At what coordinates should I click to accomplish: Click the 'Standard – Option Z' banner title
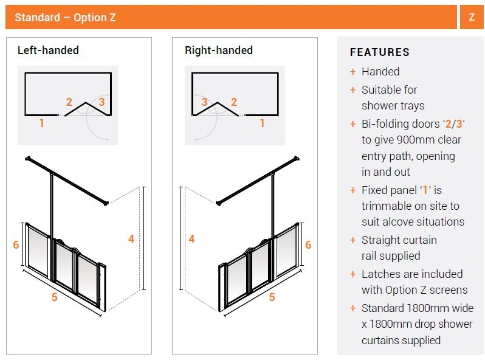point(65,18)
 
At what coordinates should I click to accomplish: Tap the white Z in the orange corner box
point(472,17)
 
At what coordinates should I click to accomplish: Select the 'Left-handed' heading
point(48,50)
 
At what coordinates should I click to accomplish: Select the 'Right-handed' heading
point(219,50)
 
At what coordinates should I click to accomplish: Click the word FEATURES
point(380,52)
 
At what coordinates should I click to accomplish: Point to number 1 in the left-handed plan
point(41,123)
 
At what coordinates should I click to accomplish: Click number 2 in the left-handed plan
point(69,102)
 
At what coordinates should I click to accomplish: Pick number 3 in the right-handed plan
point(204,102)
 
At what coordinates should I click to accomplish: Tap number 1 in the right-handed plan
point(262,123)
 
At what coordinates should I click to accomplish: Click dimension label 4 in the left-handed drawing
point(131,238)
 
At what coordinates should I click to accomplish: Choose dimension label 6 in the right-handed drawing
point(308,245)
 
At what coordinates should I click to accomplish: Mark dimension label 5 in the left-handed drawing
point(55,297)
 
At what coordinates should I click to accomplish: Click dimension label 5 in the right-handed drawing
point(272,297)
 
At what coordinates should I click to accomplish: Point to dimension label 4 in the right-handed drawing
point(192,238)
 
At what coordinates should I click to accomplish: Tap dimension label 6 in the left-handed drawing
point(16,245)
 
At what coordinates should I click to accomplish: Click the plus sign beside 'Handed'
point(353,72)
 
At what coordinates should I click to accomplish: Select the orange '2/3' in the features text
point(454,124)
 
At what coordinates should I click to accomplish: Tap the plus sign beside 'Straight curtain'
point(353,240)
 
